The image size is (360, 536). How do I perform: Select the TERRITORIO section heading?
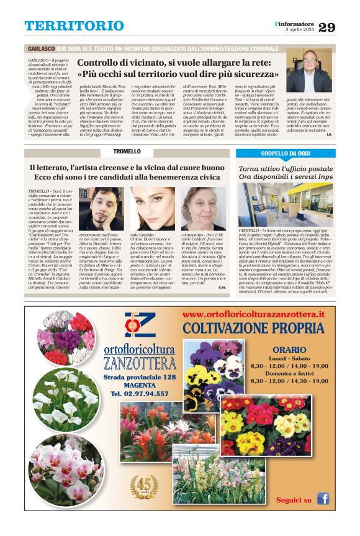[x=74, y=26]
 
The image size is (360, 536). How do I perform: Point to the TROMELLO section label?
[x=127, y=152]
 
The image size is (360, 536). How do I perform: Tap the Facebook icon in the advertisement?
[x=323, y=499]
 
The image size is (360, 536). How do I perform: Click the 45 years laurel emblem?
[x=144, y=486]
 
